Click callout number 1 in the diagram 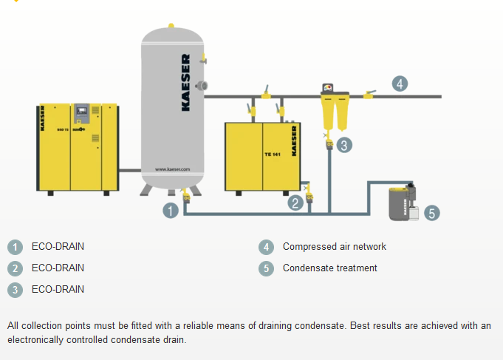[x=171, y=211]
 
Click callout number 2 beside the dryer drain [x=295, y=202]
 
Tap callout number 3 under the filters [x=343, y=145]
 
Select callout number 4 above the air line [x=400, y=84]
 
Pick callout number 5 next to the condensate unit [x=432, y=213]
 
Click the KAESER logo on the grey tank [x=185, y=82]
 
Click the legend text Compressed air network [x=334, y=247]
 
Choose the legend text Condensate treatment [x=329, y=268]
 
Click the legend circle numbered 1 [x=16, y=247]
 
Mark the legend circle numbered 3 [x=16, y=290]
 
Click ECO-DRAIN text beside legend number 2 [x=58, y=268]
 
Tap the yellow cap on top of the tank [x=171, y=26]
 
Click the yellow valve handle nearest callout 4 [x=369, y=93]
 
